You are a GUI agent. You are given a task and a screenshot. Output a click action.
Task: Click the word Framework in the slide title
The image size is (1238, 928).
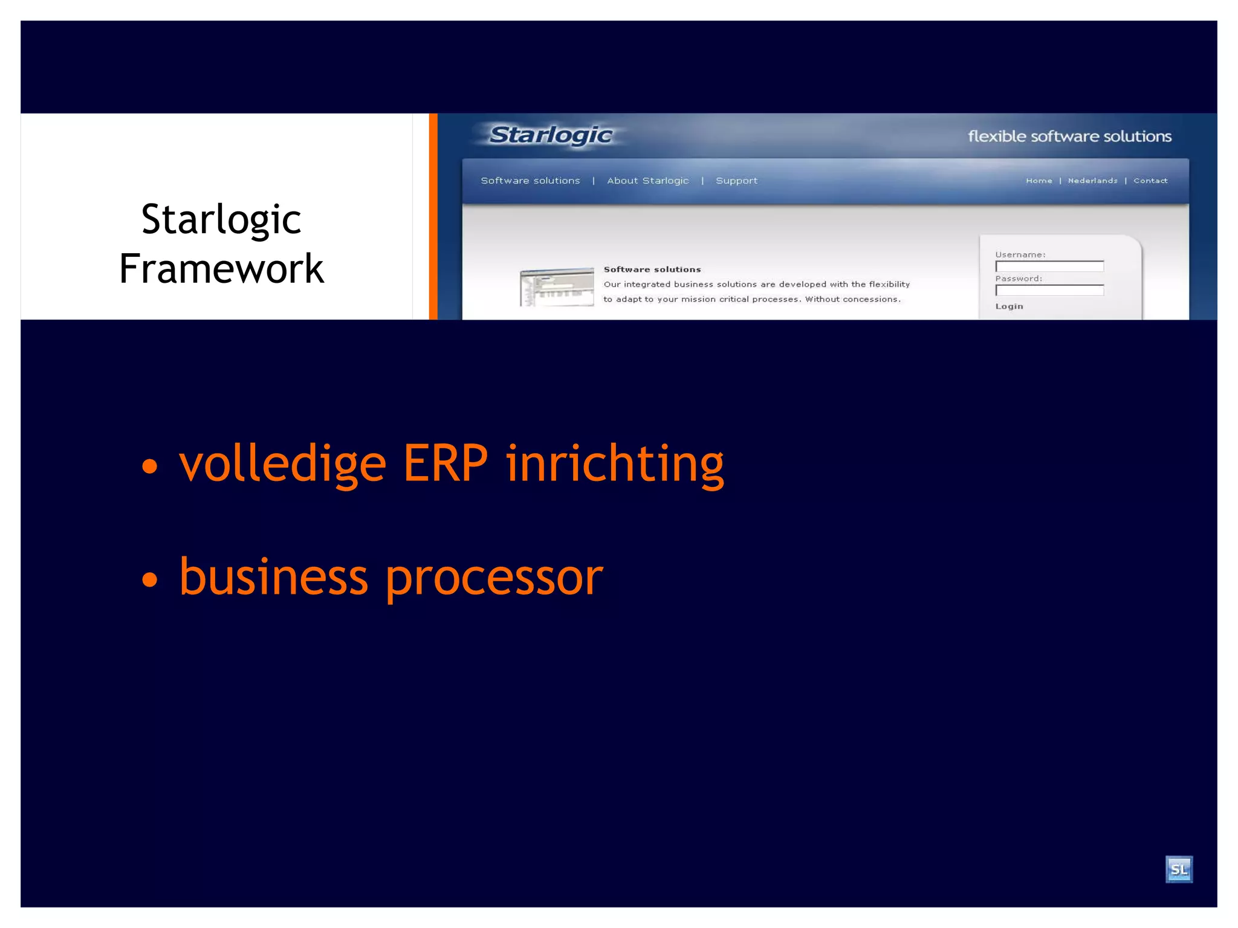click(x=221, y=268)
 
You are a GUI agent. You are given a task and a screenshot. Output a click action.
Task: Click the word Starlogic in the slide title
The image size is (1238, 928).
click(x=221, y=219)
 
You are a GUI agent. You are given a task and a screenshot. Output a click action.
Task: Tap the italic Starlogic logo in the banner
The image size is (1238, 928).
click(x=551, y=135)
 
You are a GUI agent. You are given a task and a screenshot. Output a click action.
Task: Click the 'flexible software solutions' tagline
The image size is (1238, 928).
click(x=1069, y=137)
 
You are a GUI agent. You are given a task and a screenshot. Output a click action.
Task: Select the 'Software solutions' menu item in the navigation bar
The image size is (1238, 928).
click(x=530, y=181)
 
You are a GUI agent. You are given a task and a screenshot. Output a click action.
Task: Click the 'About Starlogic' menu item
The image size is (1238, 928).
click(x=648, y=181)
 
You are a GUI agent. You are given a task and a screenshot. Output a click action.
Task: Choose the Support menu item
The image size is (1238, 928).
click(x=736, y=181)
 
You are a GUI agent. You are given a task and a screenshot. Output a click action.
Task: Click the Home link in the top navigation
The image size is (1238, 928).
click(x=1039, y=181)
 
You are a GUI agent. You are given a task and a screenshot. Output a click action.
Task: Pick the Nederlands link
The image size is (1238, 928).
click(x=1092, y=181)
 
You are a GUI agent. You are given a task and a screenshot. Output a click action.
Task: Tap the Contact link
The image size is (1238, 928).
click(x=1150, y=181)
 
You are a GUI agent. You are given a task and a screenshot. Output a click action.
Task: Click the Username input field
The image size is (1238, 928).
click(x=1049, y=266)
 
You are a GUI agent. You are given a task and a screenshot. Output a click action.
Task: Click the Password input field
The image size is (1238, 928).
click(x=1049, y=291)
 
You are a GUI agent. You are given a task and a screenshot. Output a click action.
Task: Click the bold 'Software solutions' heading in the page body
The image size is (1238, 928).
click(x=652, y=269)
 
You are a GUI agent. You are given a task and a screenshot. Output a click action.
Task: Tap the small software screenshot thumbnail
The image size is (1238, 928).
click(x=557, y=287)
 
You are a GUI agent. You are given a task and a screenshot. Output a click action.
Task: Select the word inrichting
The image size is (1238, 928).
click(x=615, y=464)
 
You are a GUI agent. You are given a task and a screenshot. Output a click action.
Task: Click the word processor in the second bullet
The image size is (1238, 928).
click(x=494, y=578)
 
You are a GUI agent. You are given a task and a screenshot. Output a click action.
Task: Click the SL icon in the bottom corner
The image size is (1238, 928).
click(x=1179, y=869)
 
